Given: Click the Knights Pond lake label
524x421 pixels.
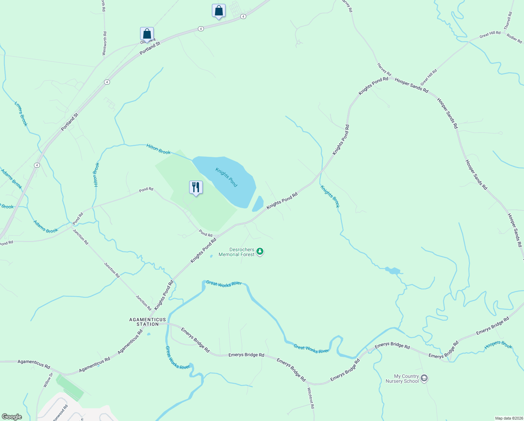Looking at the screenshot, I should point(226,177).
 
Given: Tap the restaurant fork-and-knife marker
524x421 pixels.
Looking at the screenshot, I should point(196,187).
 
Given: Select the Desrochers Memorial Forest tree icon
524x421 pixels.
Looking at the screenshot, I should point(260,252).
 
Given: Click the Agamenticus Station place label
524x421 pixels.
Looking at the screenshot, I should point(147,322).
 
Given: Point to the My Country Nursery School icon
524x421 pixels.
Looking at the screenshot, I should point(424,378).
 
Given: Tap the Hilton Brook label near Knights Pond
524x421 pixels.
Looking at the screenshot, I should point(158,149).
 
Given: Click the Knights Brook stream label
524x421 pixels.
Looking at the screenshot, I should point(330,196).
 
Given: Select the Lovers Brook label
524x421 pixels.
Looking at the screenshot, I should point(21,114).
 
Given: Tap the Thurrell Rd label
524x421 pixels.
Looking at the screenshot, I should point(508,20).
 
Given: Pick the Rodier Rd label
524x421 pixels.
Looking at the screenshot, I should point(514,39).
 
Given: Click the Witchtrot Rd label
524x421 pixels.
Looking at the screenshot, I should point(311,398).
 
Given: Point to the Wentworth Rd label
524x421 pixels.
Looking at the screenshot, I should point(104,43).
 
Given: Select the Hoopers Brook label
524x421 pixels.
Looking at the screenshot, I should point(498,345).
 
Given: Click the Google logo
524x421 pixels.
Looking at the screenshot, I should point(12,417).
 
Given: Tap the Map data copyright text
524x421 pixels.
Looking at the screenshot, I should point(509,418).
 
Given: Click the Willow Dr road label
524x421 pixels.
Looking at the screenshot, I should point(48,380).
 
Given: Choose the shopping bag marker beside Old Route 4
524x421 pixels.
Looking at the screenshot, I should point(147,34).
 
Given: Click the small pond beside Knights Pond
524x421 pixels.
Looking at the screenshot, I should point(258,203).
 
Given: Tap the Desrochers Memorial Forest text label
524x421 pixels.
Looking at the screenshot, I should point(236,252).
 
